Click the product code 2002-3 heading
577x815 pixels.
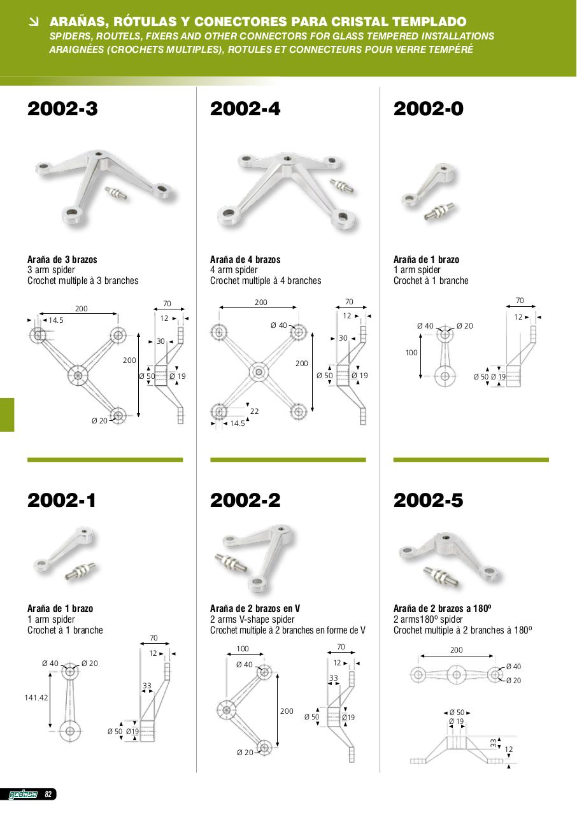tap(62, 109)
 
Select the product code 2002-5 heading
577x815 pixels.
tap(428, 500)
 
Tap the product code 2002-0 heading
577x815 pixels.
tap(428, 109)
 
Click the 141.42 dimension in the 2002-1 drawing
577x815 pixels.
tap(36, 697)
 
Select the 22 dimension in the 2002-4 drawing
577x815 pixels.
tap(254, 411)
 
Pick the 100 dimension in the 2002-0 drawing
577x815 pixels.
tap(411, 353)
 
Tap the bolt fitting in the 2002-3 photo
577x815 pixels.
tap(116, 193)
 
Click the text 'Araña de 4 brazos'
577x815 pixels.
tap(245, 259)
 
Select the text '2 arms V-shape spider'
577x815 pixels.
tap(252, 620)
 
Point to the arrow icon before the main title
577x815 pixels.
tap(34, 22)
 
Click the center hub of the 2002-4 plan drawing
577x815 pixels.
tap(259, 372)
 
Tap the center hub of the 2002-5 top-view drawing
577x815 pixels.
tap(456, 675)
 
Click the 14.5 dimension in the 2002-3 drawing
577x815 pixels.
tap(56, 320)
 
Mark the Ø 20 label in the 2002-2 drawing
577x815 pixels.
tap(245, 753)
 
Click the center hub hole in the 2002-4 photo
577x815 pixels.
tap(287, 159)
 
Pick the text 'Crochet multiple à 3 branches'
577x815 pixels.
tap(83, 281)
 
